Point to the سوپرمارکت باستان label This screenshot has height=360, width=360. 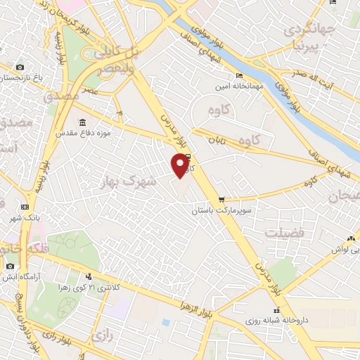[x=223, y=210]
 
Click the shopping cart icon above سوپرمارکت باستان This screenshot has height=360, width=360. [x=222, y=200]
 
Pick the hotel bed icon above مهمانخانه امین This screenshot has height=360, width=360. [x=240, y=75]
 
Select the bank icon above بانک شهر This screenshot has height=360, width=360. [x=25, y=206]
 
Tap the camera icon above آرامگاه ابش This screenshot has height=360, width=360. [x=10, y=266]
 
